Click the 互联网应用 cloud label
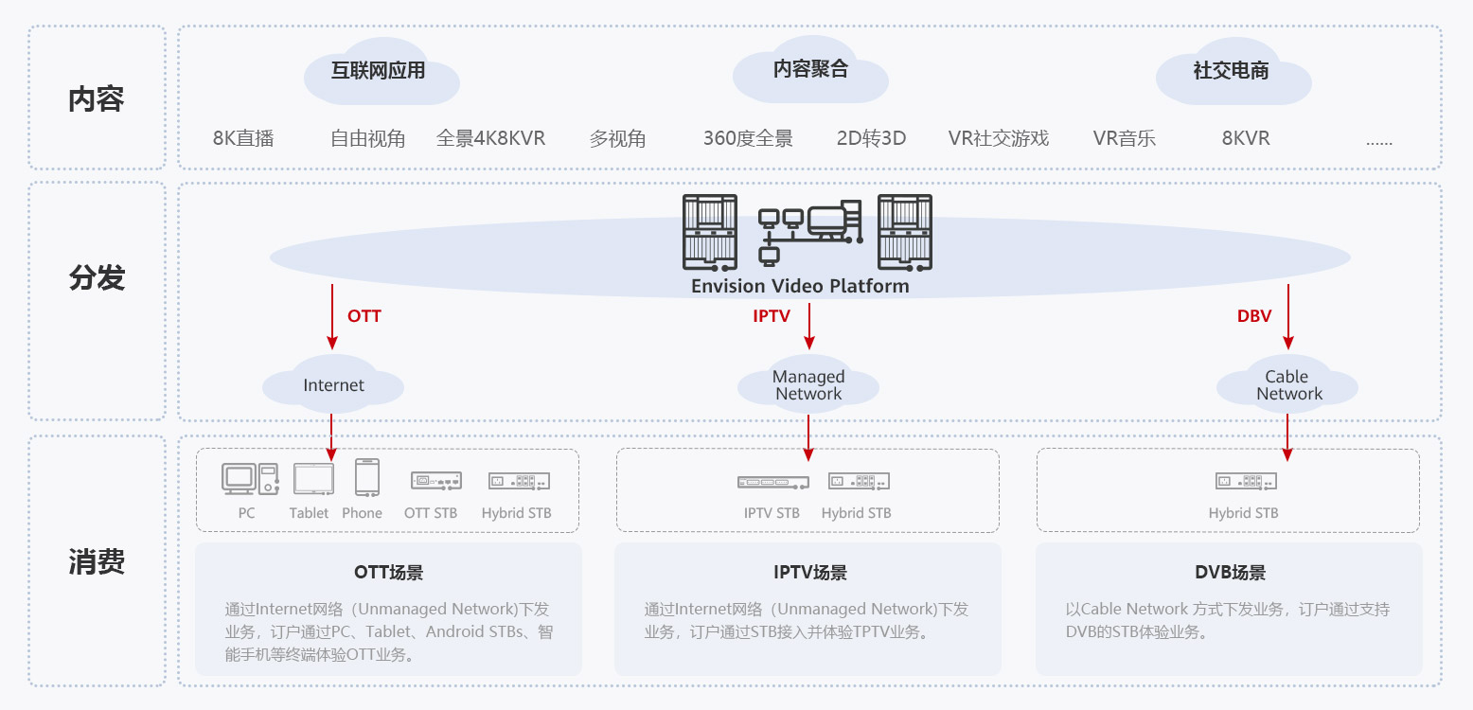pyautogui.click(x=378, y=71)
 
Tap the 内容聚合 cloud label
pyautogui.click(x=810, y=69)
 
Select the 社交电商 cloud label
pyautogui.click(x=1231, y=71)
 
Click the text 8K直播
pyautogui.click(x=243, y=138)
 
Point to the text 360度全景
pyautogui.click(x=748, y=138)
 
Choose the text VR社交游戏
pyautogui.click(x=999, y=138)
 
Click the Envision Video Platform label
pyautogui.click(x=800, y=286)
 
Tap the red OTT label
pyautogui.click(x=364, y=316)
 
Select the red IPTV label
pyautogui.click(x=771, y=316)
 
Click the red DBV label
pyautogui.click(x=1254, y=316)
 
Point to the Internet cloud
pyautogui.click(x=333, y=385)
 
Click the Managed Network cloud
pyautogui.click(x=808, y=385)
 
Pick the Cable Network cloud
pyautogui.click(x=1288, y=385)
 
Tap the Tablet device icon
pyautogui.click(x=313, y=479)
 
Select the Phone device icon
pyautogui.click(x=367, y=477)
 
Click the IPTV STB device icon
pyautogui.click(x=772, y=482)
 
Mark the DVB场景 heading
pyautogui.click(x=1230, y=573)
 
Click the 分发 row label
pyautogui.click(x=97, y=278)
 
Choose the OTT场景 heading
pyautogui.click(x=388, y=573)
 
